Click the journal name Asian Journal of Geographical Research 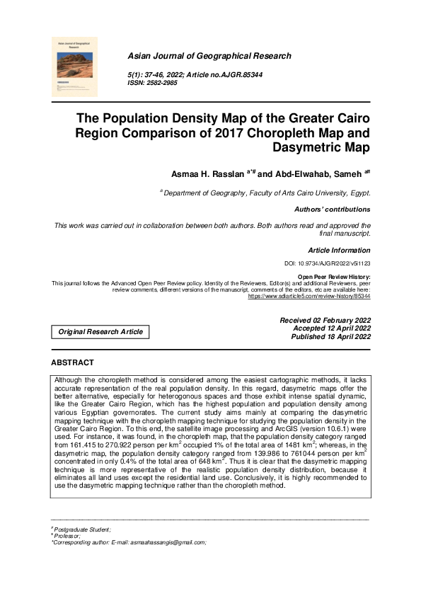click(209, 56)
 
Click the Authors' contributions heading click(332, 210)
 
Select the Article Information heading click(339, 251)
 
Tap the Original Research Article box click(100, 331)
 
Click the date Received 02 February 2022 click(325, 321)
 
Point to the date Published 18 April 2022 click(331, 338)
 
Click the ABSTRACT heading click(72, 363)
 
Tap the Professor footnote click(68, 536)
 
